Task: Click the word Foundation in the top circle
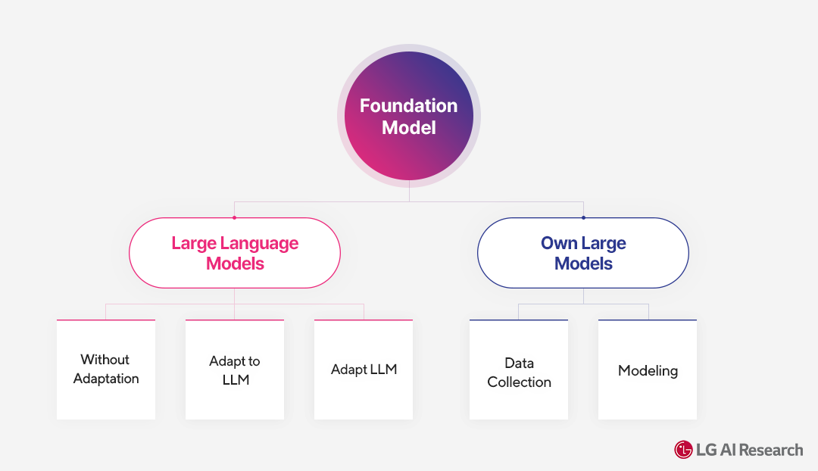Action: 408,106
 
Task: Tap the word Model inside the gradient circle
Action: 408,128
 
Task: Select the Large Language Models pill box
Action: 235,253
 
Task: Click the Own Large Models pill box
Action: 583,253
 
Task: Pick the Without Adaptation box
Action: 106,370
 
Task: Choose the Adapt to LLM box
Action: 235,370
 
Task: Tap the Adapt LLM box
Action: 364,370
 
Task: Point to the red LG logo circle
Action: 683,450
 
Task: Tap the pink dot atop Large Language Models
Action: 235,217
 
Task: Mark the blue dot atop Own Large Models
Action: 583,217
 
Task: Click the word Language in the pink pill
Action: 260,244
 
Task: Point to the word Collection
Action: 519,382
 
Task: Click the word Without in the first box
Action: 105,360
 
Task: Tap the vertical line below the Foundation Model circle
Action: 409,192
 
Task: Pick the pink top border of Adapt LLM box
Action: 364,320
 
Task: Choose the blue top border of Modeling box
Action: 648,320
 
